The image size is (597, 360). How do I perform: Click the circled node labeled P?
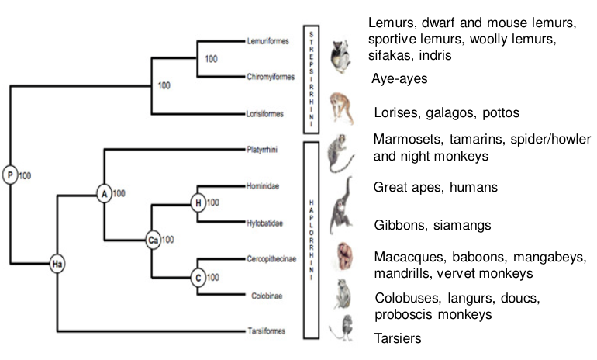tap(10, 175)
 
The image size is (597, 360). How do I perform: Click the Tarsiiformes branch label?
tap(267, 331)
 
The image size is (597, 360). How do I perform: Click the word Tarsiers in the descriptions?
tap(398, 339)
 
